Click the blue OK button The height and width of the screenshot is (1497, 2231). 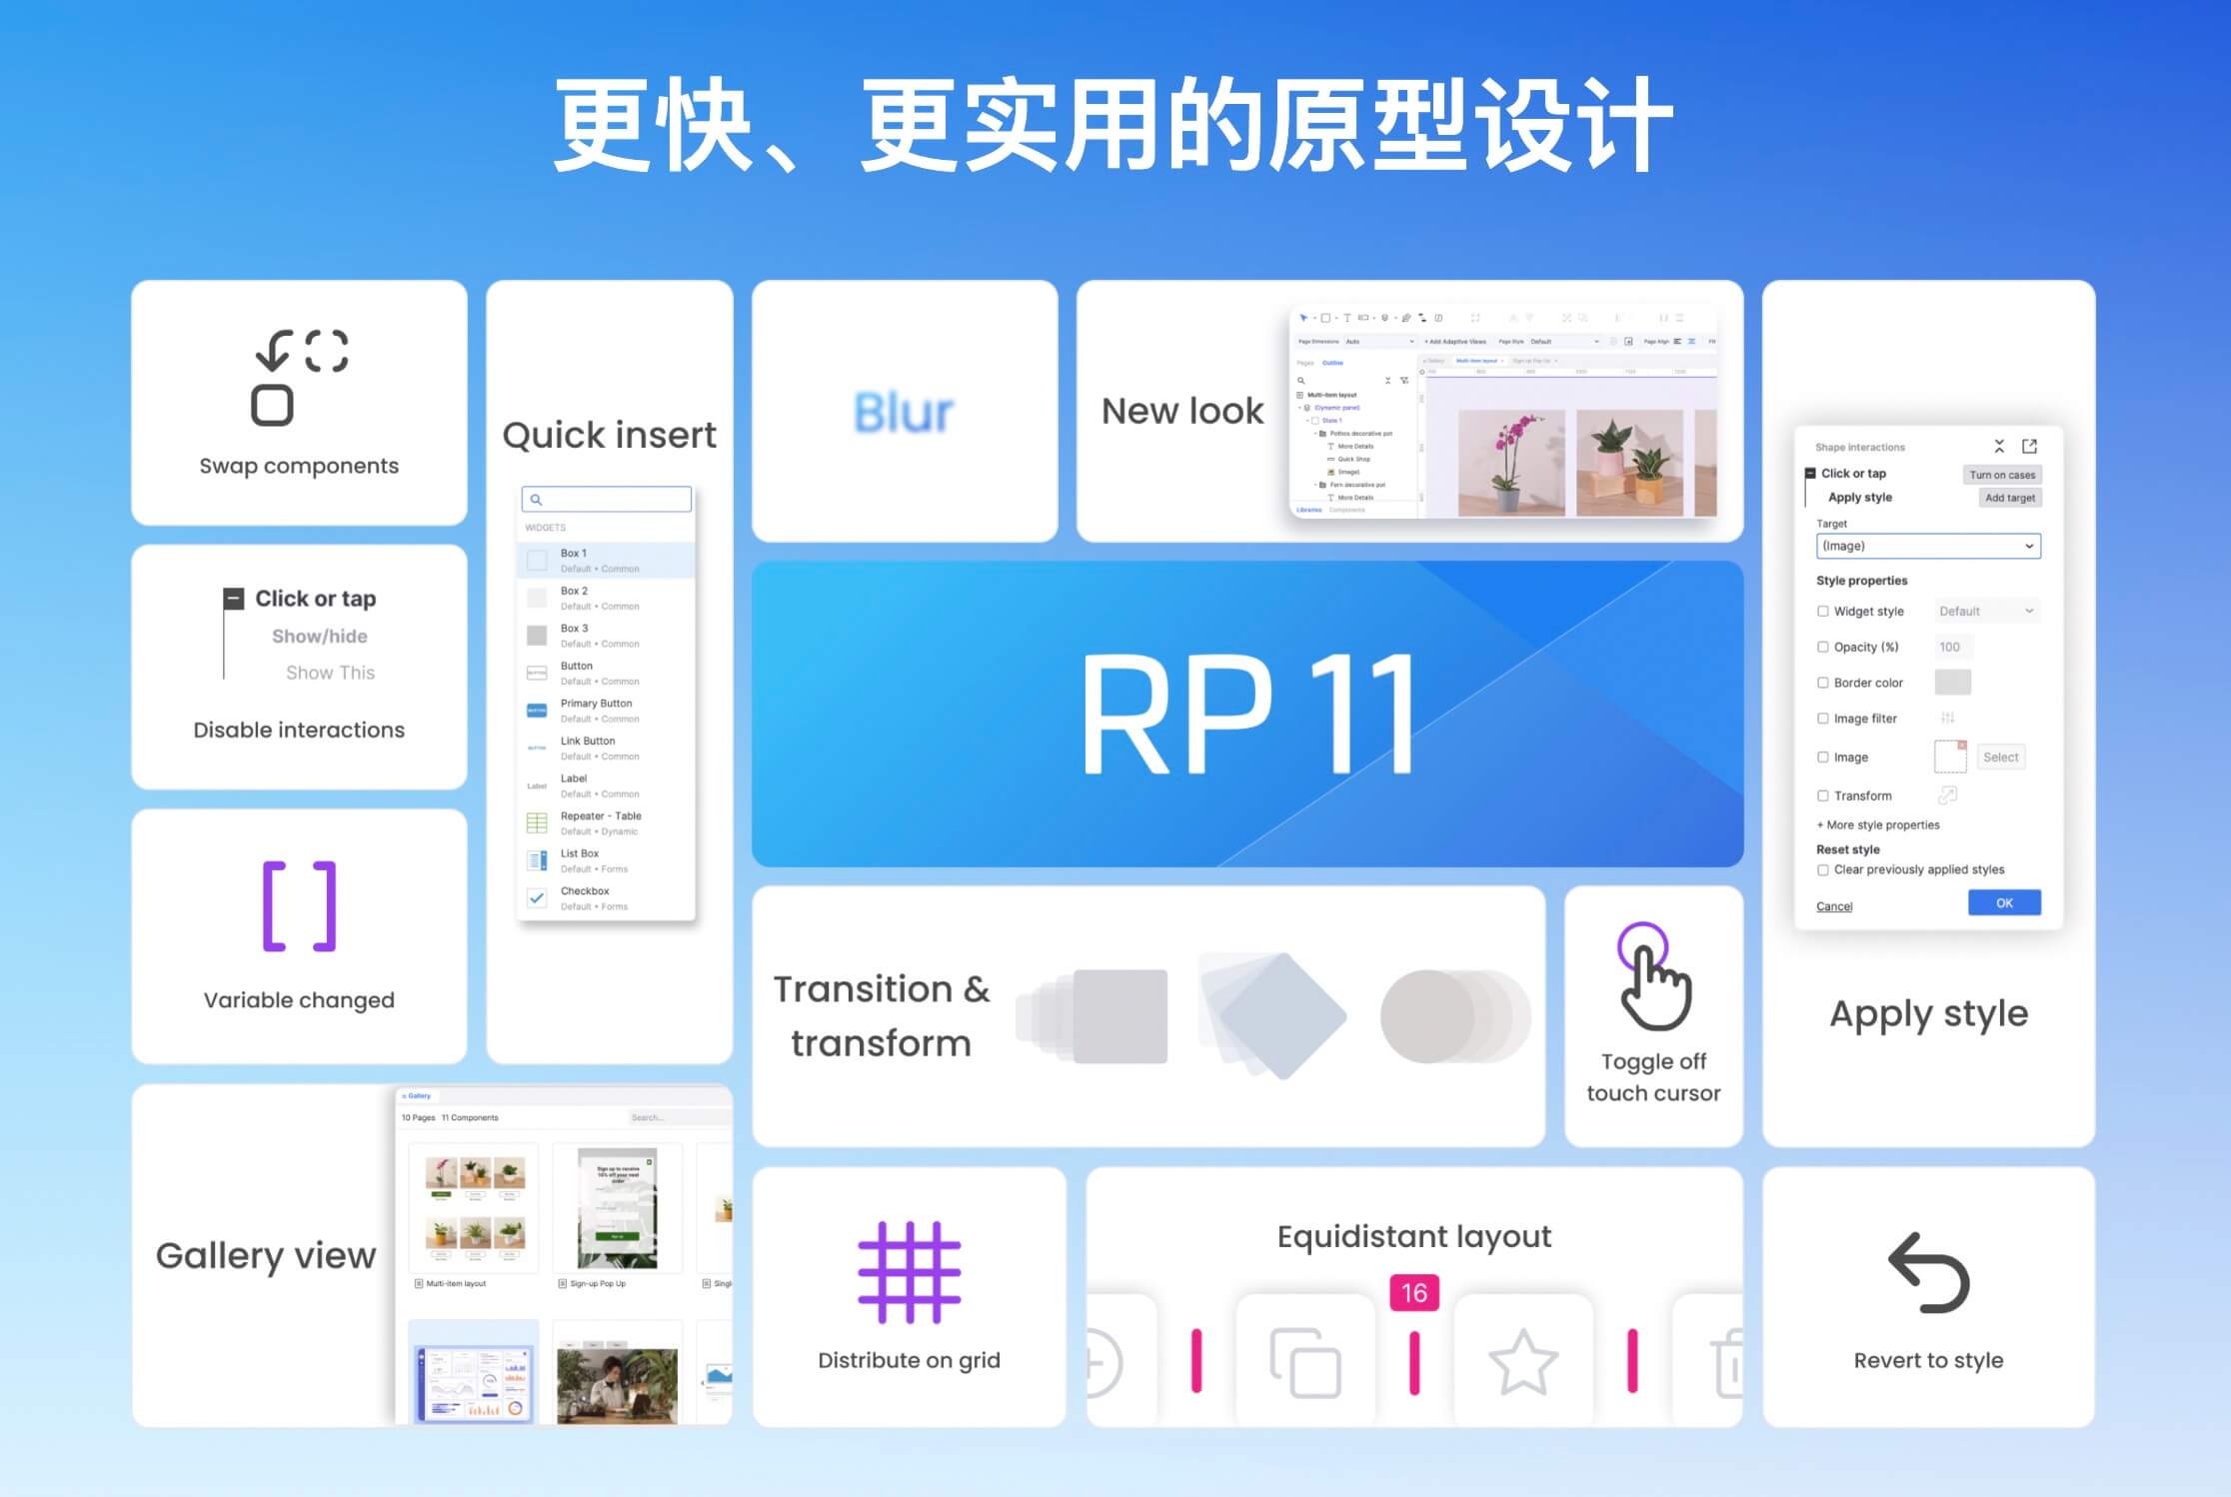click(x=2004, y=903)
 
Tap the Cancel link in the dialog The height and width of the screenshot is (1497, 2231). click(x=1834, y=906)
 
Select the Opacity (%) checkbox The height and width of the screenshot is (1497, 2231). click(x=1823, y=647)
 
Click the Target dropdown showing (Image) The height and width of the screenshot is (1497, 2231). click(x=1928, y=546)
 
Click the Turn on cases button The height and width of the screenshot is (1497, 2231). click(x=2002, y=475)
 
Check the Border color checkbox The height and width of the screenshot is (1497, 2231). click(x=1823, y=683)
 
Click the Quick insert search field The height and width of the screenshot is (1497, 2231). click(x=607, y=499)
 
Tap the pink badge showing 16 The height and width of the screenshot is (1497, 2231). click(x=1414, y=1293)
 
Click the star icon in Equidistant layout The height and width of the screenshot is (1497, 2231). click(x=1523, y=1361)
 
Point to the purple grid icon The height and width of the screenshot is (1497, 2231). click(x=910, y=1272)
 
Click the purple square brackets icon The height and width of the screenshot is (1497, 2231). click(x=299, y=905)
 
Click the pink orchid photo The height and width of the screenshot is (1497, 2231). click(x=1510, y=462)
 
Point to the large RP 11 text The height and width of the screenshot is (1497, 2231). click(x=1247, y=714)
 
